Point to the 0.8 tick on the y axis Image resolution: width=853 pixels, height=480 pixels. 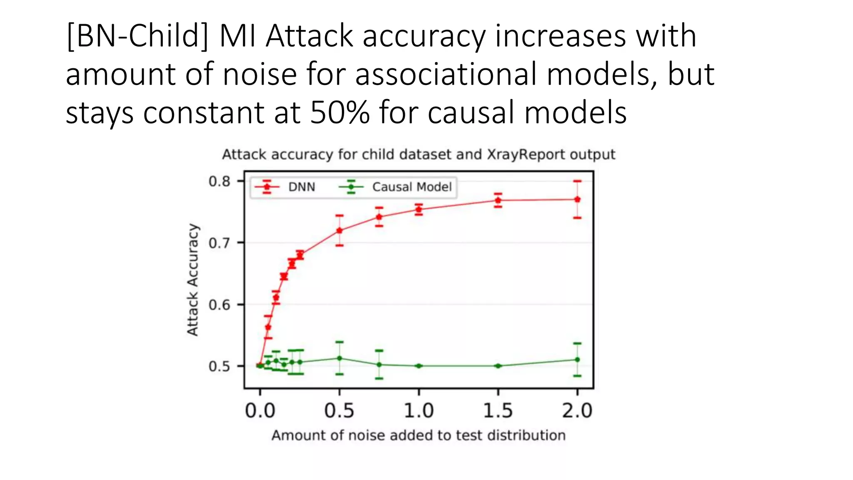pyautogui.click(x=219, y=181)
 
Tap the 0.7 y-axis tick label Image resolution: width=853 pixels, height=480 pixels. pyautogui.click(x=219, y=243)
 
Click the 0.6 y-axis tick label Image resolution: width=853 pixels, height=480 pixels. pyautogui.click(x=219, y=305)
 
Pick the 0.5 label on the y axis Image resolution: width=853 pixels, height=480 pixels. pyautogui.click(x=219, y=366)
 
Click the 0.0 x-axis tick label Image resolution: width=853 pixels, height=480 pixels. pyautogui.click(x=260, y=411)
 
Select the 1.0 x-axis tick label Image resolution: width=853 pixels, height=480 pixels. pyautogui.click(x=419, y=411)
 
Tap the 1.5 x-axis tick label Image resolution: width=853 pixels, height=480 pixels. pyautogui.click(x=498, y=411)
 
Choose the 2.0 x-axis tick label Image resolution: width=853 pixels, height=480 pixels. pyautogui.click(x=577, y=411)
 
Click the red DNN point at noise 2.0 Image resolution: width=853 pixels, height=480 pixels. pyautogui.click(x=577, y=199)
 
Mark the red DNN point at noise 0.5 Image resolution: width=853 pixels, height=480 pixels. pyautogui.click(x=339, y=230)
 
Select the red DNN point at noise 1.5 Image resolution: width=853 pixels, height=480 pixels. pyautogui.click(x=498, y=200)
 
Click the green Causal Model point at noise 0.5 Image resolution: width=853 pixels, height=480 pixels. pyautogui.click(x=339, y=358)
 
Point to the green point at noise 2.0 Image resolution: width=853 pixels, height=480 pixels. pyautogui.click(x=577, y=359)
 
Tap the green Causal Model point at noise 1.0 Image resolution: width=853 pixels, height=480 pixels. pyautogui.click(x=419, y=366)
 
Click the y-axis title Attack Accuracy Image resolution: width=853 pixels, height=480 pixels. pyautogui.click(x=192, y=280)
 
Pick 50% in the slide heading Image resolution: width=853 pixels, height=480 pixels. pyautogui.click(x=339, y=112)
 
